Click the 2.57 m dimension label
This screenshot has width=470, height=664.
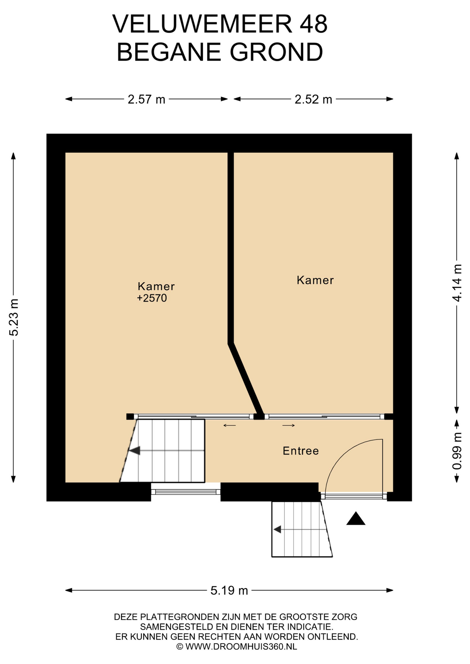coord(146,100)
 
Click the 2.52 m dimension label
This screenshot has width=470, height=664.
coord(313,100)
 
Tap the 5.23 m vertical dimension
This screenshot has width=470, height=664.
coord(14,317)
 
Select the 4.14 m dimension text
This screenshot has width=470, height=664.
coord(457,283)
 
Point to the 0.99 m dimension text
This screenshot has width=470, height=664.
coord(457,451)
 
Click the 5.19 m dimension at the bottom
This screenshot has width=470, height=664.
coord(229,590)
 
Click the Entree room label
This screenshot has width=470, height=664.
coord(301,451)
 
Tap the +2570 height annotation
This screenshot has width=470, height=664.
coord(152,298)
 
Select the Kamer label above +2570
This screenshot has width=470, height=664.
coord(156,286)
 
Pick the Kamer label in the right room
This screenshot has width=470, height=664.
coord(315,280)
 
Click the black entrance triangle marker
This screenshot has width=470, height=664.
coord(356,518)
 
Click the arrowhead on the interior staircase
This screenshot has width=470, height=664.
coord(135,451)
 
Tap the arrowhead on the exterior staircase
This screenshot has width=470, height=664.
coord(277,529)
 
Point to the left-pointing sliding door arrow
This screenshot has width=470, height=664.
coord(229,425)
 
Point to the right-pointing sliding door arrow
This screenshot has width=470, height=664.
coord(289,425)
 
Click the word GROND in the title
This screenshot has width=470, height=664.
coord(276,52)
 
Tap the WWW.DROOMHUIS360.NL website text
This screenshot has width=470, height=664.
coord(241,647)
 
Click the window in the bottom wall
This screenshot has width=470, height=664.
coord(186,492)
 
